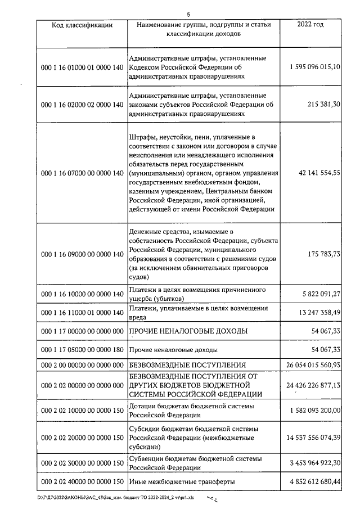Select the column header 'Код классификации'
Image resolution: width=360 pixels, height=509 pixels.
(x=82, y=25)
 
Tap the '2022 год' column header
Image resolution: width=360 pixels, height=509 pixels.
(x=310, y=25)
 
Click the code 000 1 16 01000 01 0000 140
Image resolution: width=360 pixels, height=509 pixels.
(x=82, y=67)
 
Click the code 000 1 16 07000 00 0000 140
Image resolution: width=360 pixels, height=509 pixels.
(x=82, y=173)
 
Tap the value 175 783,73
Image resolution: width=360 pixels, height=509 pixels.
(x=325, y=254)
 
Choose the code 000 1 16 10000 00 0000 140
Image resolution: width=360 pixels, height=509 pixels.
(x=82, y=294)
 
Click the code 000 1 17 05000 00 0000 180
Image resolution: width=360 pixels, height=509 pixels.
(x=82, y=350)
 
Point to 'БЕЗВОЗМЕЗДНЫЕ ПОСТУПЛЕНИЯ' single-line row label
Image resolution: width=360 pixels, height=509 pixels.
(x=188, y=366)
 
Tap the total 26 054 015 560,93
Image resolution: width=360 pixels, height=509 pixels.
(x=315, y=366)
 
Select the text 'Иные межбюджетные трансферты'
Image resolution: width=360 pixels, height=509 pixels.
(x=182, y=481)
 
